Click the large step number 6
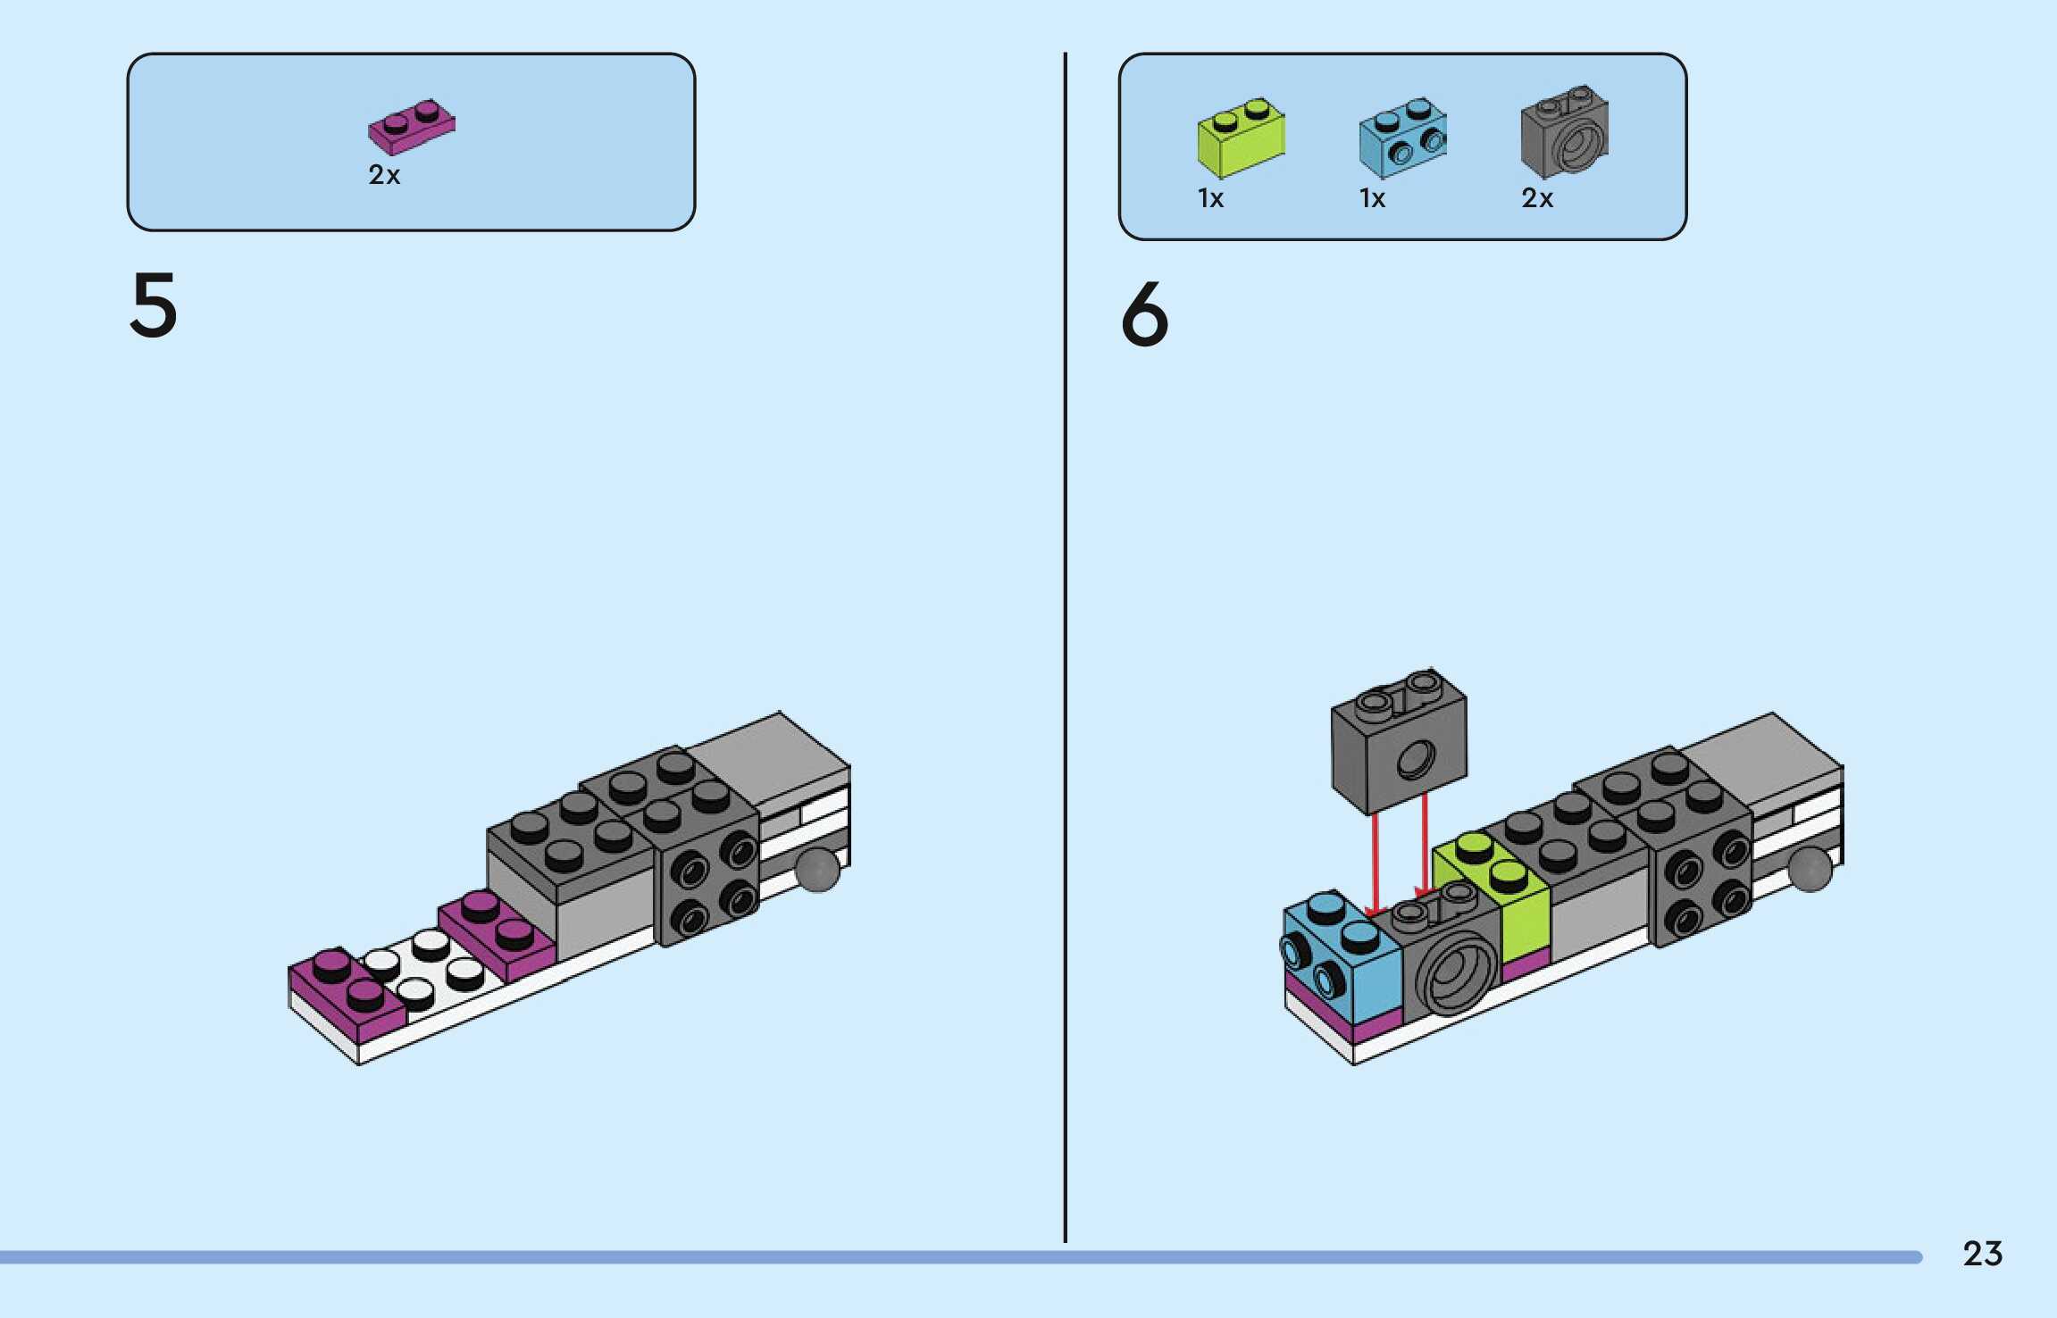coord(1145,313)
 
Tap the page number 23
coord(1982,1254)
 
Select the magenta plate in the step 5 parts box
coord(412,127)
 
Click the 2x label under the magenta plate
coord(384,175)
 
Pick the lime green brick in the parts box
coord(1241,138)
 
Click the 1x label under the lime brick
coord(1210,198)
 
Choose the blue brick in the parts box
coord(1402,138)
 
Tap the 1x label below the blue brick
coord(1372,198)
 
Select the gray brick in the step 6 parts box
coord(1565,131)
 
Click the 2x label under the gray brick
coord(1537,198)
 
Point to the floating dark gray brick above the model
coord(1399,741)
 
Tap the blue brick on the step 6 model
coord(1341,955)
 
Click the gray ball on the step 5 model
coord(817,869)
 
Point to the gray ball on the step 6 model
coord(1810,869)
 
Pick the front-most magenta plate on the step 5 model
coord(347,994)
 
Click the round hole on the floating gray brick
coord(1415,760)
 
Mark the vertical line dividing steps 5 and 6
coord(1065,647)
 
